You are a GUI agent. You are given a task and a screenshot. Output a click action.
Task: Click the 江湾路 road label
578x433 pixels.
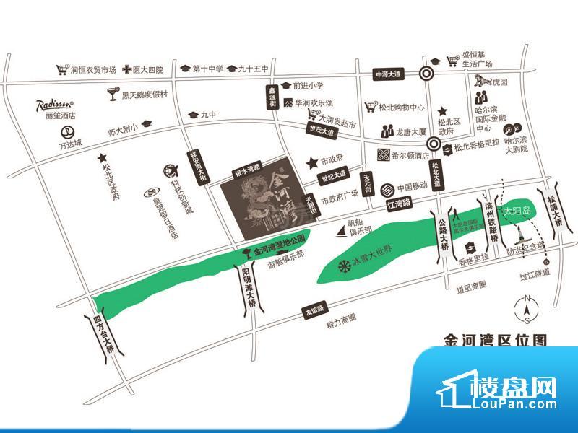click(x=399, y=205)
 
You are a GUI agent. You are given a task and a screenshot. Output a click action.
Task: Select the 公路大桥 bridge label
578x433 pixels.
click(x=444, y=232)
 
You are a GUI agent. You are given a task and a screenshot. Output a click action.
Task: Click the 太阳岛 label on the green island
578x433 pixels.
click(x=517, y=211)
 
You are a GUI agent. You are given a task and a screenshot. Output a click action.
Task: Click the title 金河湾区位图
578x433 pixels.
click(x=493, y=340)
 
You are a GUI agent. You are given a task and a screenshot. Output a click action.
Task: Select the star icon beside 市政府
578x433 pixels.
click(x=312, y=163)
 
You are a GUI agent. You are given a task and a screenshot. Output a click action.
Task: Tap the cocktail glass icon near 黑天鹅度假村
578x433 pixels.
click(x=112, y=94)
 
